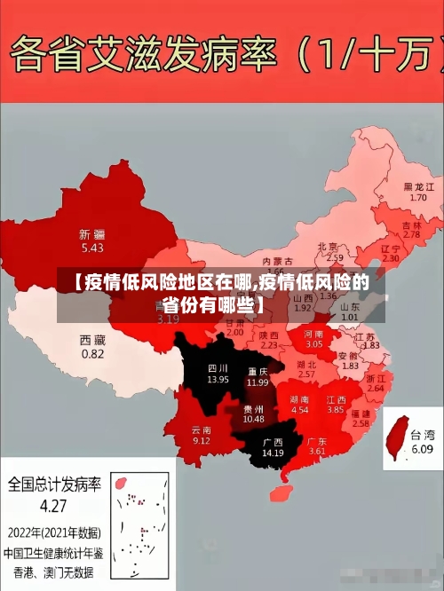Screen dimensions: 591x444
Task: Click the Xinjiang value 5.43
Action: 91,248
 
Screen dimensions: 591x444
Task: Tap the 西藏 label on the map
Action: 92,340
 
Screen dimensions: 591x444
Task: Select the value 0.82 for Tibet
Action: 92,353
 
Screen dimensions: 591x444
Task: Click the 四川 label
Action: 218,367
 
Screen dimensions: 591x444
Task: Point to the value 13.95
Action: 218,379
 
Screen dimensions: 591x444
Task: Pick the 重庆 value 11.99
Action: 258,382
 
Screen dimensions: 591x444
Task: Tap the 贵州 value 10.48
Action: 253,419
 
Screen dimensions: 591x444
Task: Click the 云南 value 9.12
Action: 202,440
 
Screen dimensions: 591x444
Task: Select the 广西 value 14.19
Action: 273,453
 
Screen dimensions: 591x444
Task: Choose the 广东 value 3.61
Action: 317,452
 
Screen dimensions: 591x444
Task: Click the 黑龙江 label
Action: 418,187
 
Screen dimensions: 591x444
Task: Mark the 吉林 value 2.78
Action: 411,235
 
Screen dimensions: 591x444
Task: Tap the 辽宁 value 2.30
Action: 391,258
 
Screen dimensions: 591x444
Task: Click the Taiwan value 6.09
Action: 422,449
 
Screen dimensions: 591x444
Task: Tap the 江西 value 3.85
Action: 335,410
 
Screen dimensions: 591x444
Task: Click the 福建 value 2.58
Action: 361,424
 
